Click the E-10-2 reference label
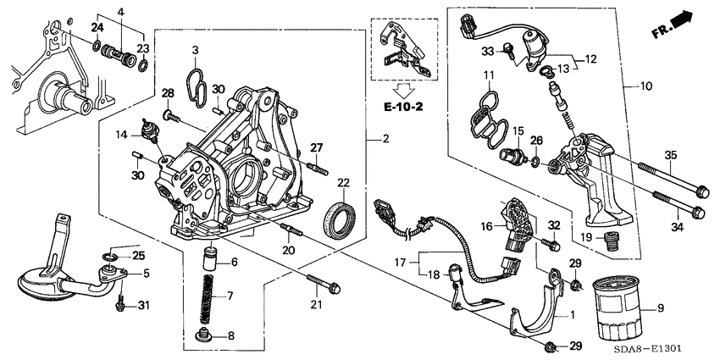(402, 109)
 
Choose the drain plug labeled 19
(611, 244)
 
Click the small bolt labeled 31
(121, 301)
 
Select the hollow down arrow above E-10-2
(402, 88)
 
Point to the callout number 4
(121, 11)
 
